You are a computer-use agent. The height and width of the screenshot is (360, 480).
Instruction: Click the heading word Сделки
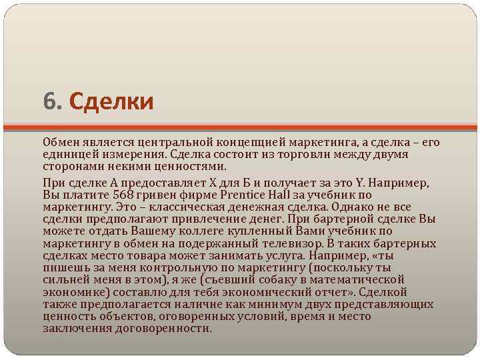pyautogui.click(x=111, y=102)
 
